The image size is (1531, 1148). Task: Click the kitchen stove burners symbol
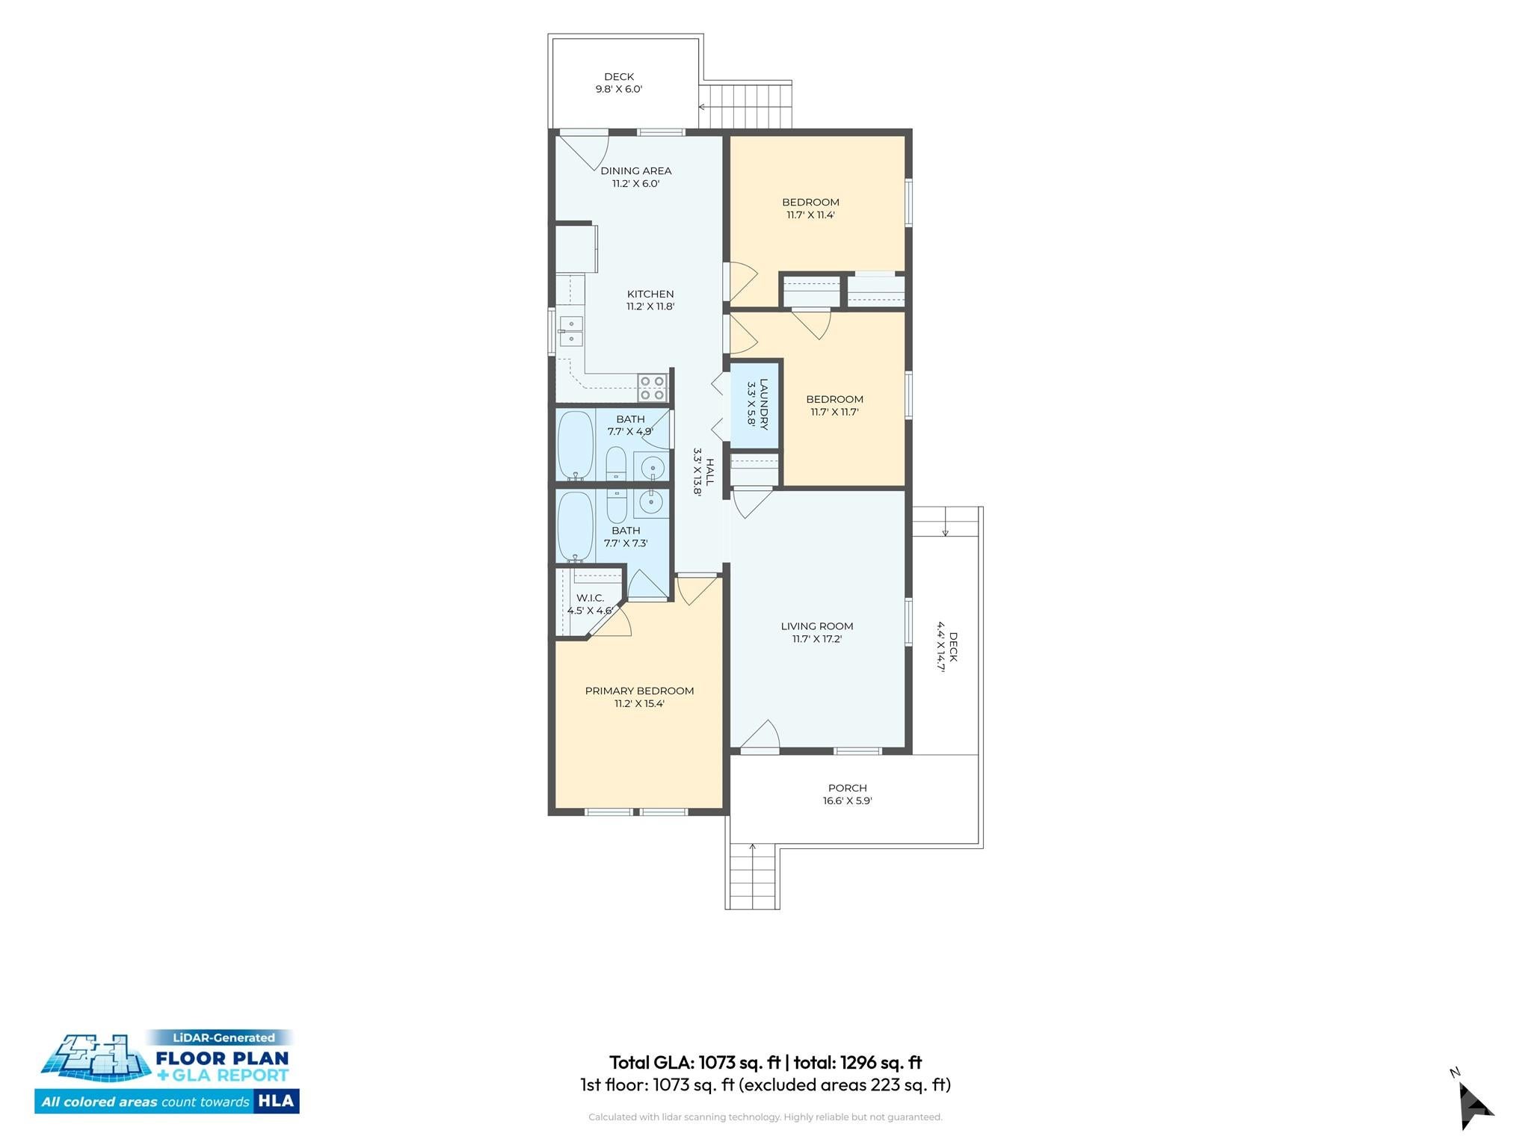point(652,388)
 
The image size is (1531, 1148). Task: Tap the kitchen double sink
point(571,331)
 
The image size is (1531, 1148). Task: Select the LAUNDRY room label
point(764,404)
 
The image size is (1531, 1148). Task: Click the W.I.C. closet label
point(591,598)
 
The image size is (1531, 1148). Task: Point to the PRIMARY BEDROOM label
point(639,691)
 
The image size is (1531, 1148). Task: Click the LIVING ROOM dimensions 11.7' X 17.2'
point(817,639)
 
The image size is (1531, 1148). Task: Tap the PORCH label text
point(848,788)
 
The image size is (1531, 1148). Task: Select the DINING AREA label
point(636,170)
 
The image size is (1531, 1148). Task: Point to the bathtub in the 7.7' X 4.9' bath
point(576,445)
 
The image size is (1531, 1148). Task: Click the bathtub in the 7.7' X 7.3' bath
point(576,526)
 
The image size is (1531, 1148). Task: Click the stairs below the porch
point(753,876)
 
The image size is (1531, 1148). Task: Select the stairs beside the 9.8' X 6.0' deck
point(745,106)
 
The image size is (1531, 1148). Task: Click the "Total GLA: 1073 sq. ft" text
point(695,1062)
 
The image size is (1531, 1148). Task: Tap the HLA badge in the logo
point(277,1101)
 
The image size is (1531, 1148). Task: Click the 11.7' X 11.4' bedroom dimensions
point(810,215)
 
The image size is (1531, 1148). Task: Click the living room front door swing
point(760,735)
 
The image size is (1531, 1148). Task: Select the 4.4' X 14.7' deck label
point(947,647)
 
